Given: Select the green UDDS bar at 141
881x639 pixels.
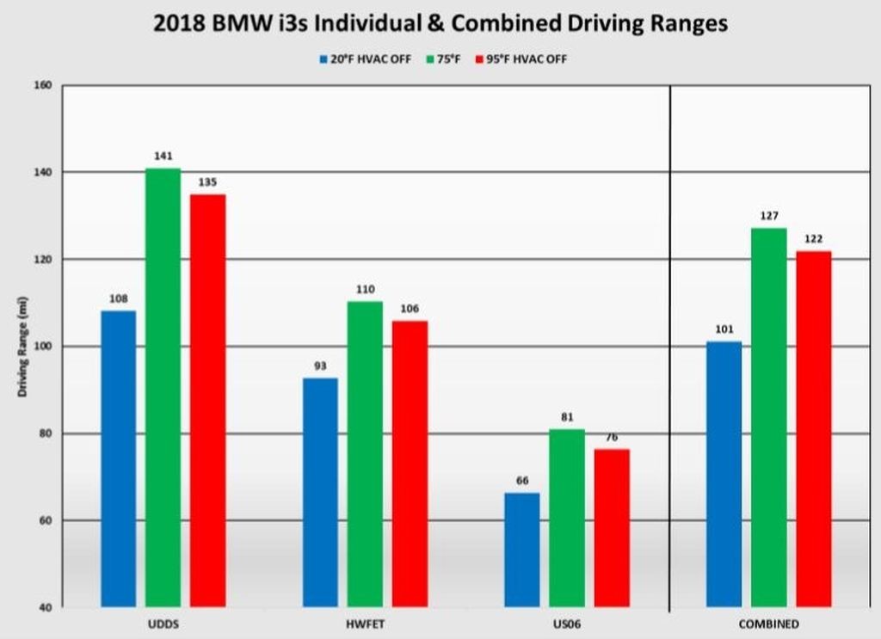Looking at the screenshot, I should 163,387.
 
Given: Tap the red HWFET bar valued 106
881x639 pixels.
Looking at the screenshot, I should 410,464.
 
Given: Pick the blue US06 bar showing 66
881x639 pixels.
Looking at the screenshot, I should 521,550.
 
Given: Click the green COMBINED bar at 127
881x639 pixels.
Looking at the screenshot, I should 768,417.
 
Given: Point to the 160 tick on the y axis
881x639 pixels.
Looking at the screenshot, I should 44,85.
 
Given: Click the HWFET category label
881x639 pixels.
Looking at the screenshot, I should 365,624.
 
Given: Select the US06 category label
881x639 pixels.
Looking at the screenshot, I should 567,624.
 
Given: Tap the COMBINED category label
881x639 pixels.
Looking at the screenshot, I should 769,624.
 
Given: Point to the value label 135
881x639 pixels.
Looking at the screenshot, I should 207,182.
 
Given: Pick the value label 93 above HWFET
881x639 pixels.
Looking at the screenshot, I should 320,366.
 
